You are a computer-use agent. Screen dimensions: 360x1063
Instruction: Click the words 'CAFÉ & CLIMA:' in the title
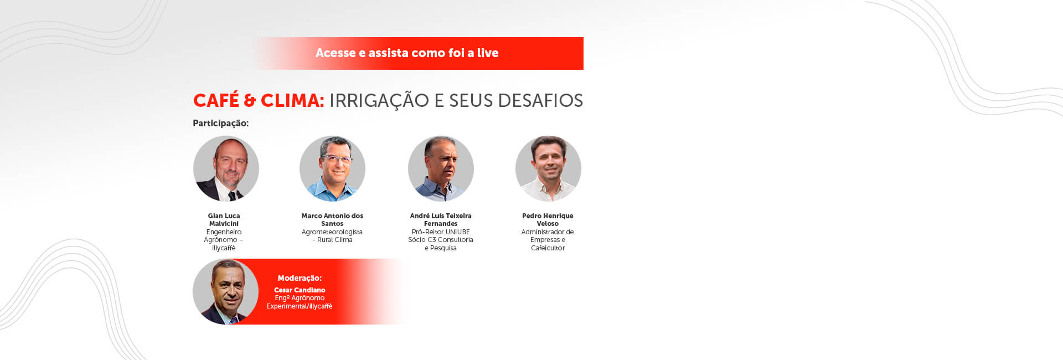[258, 101]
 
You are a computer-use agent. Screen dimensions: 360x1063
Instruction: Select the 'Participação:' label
[220, 123]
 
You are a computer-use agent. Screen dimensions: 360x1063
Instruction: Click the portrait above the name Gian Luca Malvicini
[226, 168]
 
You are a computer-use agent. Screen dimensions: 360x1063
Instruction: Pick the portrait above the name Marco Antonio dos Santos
[332, 168]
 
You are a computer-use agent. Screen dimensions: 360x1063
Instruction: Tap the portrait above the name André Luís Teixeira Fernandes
[441, 168]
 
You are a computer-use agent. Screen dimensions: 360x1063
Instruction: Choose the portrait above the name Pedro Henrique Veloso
[548, 168]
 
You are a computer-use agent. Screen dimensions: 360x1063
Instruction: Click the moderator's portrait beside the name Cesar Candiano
[226, 291]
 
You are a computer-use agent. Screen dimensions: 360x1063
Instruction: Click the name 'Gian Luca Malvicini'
[224, 220]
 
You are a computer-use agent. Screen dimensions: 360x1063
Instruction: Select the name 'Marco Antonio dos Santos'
[332, 220]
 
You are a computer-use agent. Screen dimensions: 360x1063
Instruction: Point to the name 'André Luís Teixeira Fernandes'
[441, 220]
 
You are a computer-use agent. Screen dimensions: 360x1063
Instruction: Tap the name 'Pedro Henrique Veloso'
[548, 220]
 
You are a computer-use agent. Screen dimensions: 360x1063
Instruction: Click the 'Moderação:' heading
[300, 278]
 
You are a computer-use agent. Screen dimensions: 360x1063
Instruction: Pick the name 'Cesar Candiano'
[300, 290]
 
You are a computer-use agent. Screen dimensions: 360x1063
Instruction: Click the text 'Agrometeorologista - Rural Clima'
[332, 236]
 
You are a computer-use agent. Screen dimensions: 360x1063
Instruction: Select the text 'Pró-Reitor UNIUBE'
[441, 232]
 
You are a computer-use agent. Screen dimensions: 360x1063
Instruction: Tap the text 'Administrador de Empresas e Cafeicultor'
[548, 240]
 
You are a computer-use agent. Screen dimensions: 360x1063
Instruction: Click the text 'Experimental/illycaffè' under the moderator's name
[300, 306]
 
